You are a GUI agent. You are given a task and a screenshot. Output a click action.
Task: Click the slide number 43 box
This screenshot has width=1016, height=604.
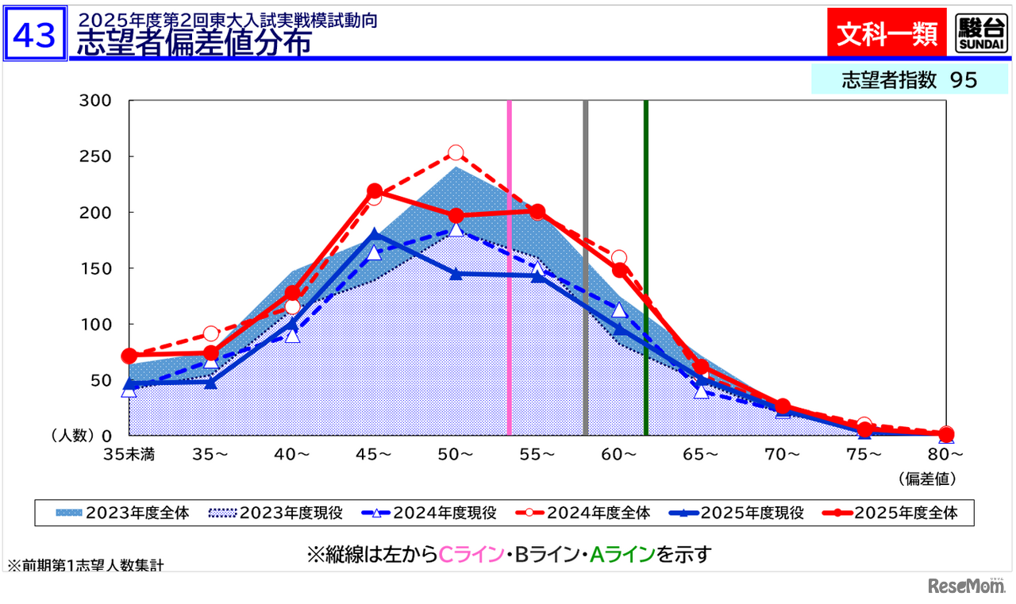click(34, 34)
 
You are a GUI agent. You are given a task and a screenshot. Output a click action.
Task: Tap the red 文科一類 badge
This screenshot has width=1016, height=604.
click(887, 33)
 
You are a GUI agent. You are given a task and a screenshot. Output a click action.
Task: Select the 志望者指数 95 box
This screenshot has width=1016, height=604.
click(908, 80)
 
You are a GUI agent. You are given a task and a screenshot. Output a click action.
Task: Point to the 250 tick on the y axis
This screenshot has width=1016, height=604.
click(95, 156)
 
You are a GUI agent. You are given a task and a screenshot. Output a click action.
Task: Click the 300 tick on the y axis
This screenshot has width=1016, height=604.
click(95, 101)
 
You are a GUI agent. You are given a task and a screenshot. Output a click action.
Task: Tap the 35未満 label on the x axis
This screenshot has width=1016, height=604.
click(129, 455)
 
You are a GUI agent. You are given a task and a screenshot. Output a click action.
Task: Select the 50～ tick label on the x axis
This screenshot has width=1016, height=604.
click(456, 455)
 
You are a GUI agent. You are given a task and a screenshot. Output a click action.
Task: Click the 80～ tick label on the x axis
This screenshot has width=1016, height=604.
click(945, 455)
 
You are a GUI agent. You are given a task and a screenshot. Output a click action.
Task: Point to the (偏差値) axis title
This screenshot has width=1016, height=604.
click(927, 479)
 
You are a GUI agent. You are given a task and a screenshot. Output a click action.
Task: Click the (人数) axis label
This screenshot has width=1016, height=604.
click(72, 436)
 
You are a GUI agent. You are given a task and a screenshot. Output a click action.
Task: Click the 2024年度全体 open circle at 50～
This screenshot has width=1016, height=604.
click(456, 153)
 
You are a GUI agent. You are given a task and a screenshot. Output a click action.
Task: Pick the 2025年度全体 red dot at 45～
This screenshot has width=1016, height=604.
click(375, 191)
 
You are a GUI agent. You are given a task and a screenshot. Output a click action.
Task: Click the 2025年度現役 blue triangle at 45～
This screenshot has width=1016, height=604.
click(375, 235)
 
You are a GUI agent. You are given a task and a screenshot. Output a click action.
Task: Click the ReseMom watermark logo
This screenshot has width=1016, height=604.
click(964, 586)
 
